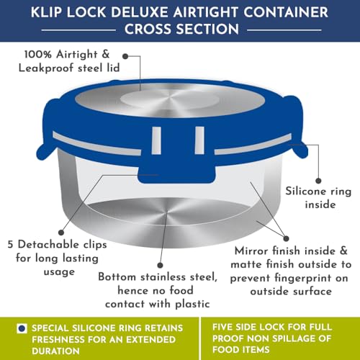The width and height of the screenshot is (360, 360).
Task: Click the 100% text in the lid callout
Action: tap(38, 54)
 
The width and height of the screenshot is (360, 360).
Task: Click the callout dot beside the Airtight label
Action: tap(125, 56)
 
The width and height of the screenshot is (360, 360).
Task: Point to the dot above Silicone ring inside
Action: tap(318, 181)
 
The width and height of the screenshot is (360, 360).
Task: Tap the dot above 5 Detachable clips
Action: tap(61, 233)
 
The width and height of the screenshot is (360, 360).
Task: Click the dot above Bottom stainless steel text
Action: tap(160, 265)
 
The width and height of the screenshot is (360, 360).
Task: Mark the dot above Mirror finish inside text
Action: tap(286, 238)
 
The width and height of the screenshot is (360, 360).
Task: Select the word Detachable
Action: tap(48, 245)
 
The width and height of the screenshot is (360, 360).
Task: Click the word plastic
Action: tap(192, 305)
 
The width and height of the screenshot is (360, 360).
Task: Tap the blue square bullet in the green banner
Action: tap(22, 328)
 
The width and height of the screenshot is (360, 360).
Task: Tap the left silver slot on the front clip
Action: tap(156, 140)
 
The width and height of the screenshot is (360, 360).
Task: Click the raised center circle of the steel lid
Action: tap(169, 99)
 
